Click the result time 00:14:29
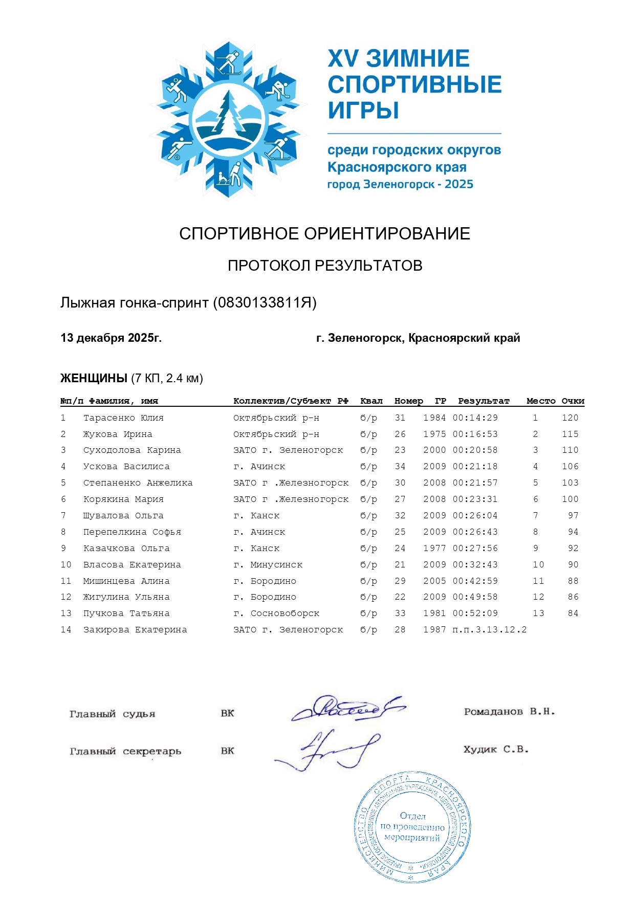point(475,418)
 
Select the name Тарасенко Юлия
point(123,418)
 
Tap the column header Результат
point(484,401)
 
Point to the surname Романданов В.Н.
point(509,711)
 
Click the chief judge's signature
point(348,709)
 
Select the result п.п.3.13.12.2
point(489,629)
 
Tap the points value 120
point(570,418)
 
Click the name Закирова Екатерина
point(135,629)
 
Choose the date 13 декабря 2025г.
point(111,338)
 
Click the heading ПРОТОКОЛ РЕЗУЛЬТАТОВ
point(325,266)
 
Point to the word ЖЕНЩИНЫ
point(94,378)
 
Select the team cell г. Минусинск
point(268,564)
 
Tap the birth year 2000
point(434,450)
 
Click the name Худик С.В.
point(496,749)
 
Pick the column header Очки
point(573,401)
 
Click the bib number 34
point(400,466)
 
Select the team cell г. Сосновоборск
point(276,613)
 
